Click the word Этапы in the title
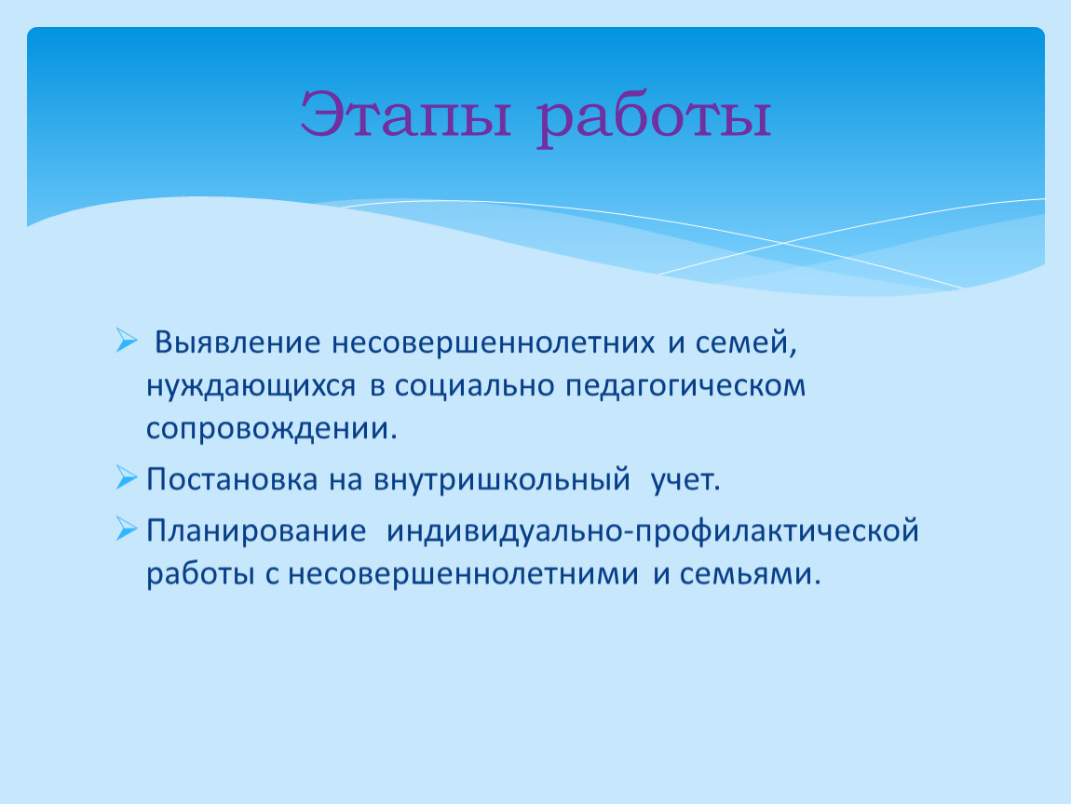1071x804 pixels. click(x=406, y=114)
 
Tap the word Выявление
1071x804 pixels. click(x=237, y=342)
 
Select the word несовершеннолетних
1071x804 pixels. click(x=494, y=342)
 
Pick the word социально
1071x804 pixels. click(x=474, y=386)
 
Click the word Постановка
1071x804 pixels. click(x=232, y=480)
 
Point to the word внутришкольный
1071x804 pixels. click(x=501, y=480)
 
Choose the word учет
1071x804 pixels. click(x=685, y=480)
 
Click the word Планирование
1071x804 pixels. click(x=256, y=531)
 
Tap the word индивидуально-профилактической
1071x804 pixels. click(x=652, y=531)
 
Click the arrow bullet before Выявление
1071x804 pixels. click(x=127, y=340)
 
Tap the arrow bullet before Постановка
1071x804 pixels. click(x=127, y=477)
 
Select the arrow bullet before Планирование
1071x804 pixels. click(x=127, y=529)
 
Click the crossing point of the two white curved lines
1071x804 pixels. click(x=783, y=243)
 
